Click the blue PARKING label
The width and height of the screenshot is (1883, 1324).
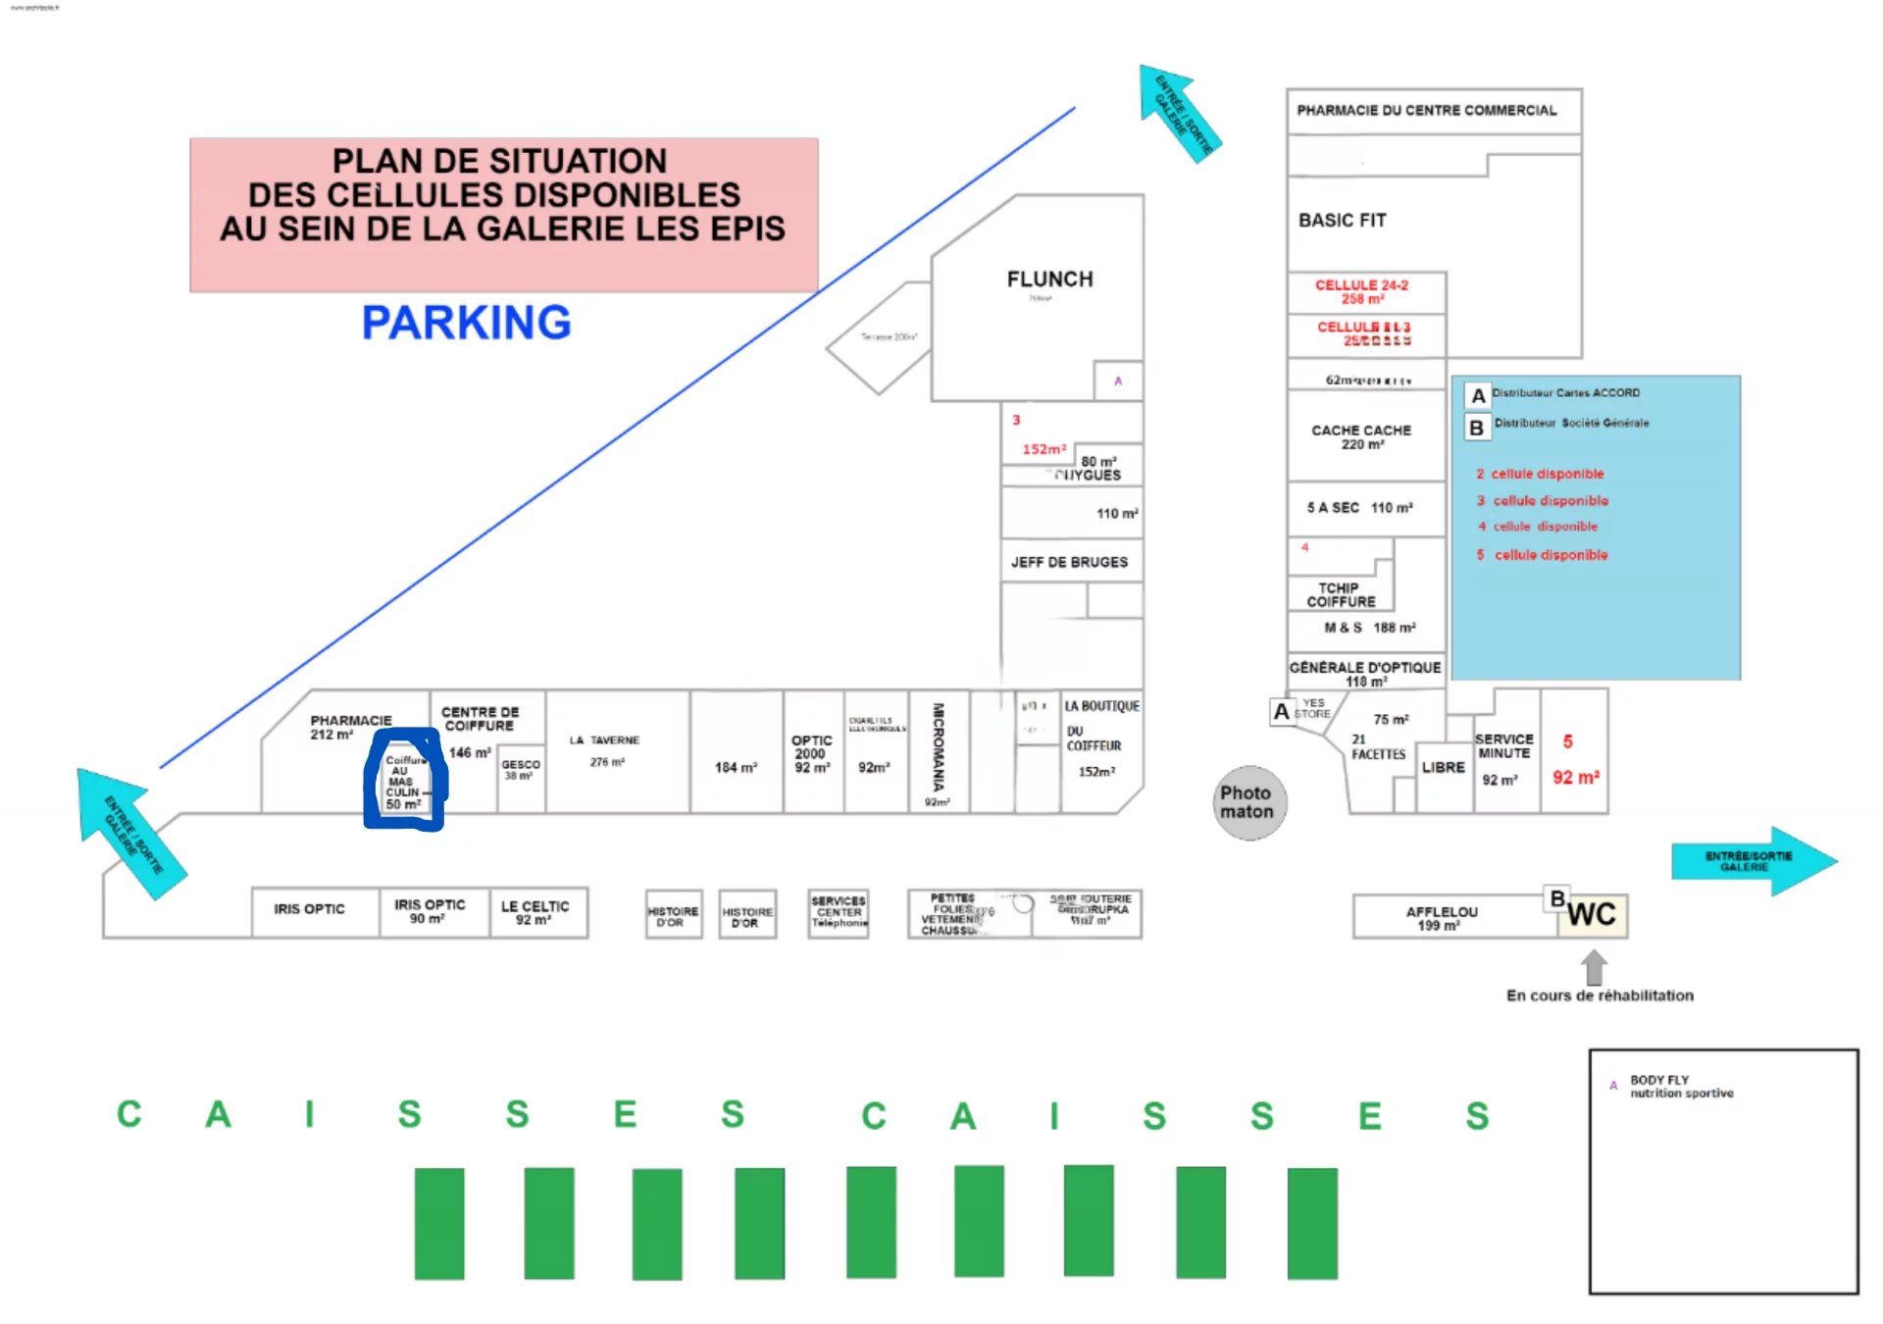tap(466, 323)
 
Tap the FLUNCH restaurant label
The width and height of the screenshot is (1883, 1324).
tap(1049, 280)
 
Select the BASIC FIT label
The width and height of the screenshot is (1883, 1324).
tap(1342, 221)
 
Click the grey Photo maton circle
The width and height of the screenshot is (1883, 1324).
tap(1248, 802)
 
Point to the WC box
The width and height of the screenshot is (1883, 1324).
tap(1591, 915)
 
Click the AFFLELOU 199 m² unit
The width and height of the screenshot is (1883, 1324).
tap(1441, 918)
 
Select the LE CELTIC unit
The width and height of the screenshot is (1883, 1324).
tap(535, 912)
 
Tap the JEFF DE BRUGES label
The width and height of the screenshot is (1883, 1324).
tap(1069, 562)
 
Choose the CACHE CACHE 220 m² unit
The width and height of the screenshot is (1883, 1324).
tap(1361, 436)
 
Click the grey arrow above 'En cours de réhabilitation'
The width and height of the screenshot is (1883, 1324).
tap(1594, 967)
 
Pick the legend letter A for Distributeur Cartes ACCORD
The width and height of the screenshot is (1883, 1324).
tap(1478, 395)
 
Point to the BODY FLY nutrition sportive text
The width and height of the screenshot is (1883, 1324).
tap(1681, 1086)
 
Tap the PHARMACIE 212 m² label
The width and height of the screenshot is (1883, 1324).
tap(350, 727)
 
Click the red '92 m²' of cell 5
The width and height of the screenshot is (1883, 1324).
tap(1575, 778)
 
